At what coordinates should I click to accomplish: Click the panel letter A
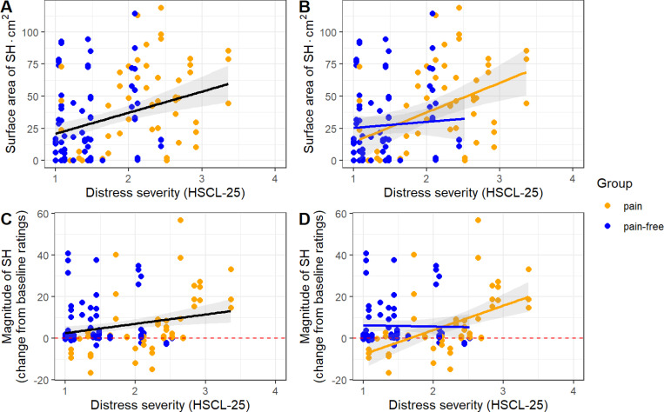point(7,6)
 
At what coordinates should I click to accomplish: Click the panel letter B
point(305,6)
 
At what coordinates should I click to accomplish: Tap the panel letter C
point(6,219)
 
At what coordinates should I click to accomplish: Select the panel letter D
point(305,219)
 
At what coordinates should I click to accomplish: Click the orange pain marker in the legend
point(607,206)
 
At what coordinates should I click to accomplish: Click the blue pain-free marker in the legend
point(607,227)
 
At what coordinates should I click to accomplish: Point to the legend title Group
point(614,183)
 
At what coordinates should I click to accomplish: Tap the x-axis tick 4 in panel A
point(275,178)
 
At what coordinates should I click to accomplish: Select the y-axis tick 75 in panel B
point(332,64)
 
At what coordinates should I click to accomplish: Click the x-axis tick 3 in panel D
point(504,391)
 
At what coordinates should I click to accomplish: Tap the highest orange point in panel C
point(180,220)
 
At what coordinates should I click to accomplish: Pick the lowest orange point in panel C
point(91,373)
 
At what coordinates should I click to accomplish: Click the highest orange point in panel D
point(478,220)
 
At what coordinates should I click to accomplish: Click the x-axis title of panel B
point(463,193)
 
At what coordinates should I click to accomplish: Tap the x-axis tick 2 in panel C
point(135,391)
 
